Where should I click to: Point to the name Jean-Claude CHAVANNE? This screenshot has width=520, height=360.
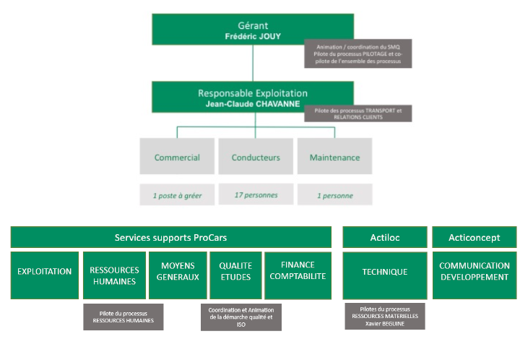point(252,103)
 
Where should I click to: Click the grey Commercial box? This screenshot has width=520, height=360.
point(177,157)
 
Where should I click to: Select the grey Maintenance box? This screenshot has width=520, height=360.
point(334,157)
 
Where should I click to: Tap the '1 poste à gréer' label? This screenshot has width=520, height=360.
point(177,195)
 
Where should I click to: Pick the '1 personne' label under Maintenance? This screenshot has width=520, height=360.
point(334,195)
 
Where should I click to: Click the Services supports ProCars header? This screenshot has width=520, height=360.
point(170,238)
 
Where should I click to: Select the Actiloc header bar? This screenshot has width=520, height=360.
point(384,238)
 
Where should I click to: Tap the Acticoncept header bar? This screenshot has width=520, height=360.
point(474,238)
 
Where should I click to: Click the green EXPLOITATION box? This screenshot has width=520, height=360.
point(45,272)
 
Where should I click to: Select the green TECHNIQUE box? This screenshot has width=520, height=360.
point(384,272)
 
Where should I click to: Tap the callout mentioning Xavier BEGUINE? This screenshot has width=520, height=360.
point(384,316)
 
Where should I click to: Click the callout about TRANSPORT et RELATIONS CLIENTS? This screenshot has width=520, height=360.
point(357,113)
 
